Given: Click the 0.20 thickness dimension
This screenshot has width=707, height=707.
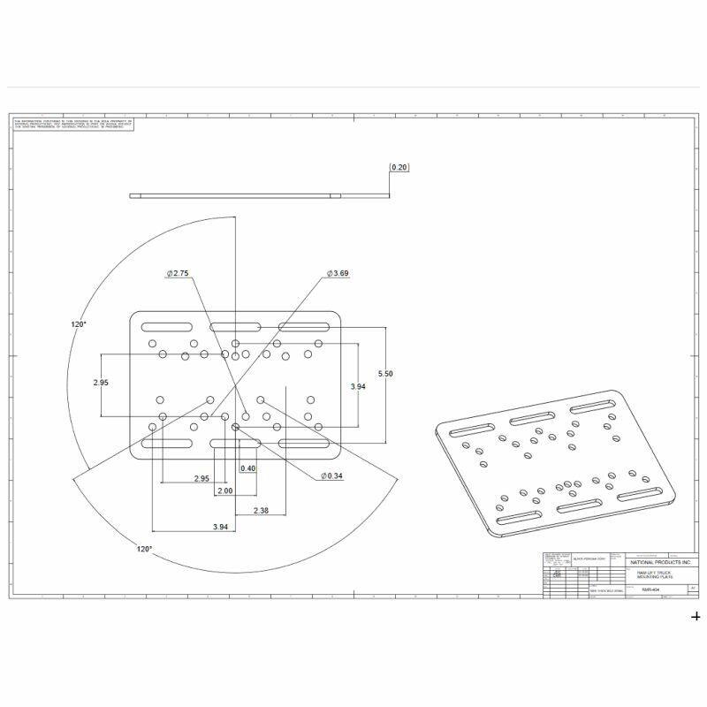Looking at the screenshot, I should (399, 167).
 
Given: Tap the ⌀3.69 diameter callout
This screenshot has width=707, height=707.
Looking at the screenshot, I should (338, 274).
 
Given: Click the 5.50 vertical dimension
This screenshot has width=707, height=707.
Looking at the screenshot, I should (385, 374).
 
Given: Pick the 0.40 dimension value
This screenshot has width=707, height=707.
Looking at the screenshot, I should (248, 468).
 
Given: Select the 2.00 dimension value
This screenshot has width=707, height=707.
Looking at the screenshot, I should (224, 490).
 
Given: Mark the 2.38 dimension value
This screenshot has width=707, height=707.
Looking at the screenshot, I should (262, 511).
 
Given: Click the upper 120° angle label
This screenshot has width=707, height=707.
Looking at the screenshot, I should (79, 325).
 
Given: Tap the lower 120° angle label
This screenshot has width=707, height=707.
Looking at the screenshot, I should (144, 549).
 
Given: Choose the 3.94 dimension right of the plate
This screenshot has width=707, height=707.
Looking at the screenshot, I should (358, 387).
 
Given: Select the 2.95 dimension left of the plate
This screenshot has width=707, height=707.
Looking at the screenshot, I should (102, 384).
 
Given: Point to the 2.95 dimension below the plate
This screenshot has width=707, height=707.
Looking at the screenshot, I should (201, 479).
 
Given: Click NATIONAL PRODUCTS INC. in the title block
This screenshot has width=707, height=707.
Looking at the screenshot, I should (660, 562).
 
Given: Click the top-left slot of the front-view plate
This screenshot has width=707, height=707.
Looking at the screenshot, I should (166, 325).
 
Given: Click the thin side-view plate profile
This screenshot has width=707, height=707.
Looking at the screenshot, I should (234, 195).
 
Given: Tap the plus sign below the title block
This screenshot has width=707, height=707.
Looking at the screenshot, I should (696, 617).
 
